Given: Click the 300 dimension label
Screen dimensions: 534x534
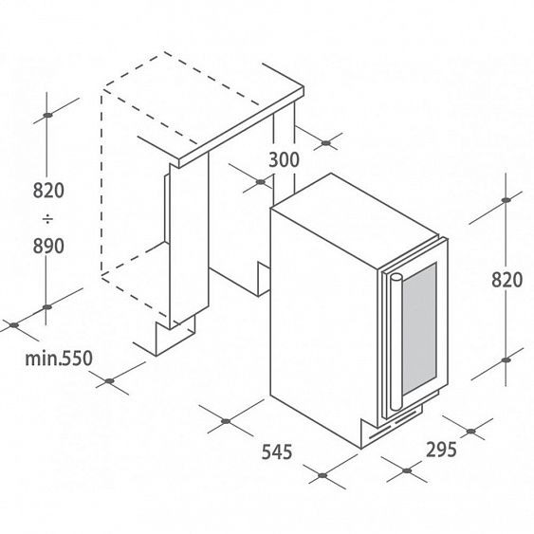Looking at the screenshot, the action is pyautogui.click(x=284, y=159).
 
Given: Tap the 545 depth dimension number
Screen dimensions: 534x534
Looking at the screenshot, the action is pyautogui.click(x=277, y=451).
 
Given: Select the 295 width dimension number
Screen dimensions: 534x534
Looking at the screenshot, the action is pyautogui.click(x=441, y=450).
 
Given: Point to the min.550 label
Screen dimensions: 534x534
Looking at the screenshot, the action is pyautogui.click(x=59, y=359).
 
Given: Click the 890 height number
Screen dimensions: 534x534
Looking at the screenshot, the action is pyautogui.click(x=48, y=246).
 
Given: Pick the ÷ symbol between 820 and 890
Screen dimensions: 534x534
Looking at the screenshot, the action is pyautogui.click(x=47, y=219).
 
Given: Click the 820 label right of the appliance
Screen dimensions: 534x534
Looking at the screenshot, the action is pyautogui.click(x=506, y=280).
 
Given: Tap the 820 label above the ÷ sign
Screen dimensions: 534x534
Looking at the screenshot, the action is pyautogui.click(x=48, y=191).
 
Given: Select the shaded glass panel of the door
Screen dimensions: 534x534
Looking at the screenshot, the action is pyautogui.click(x=419, y=328).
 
